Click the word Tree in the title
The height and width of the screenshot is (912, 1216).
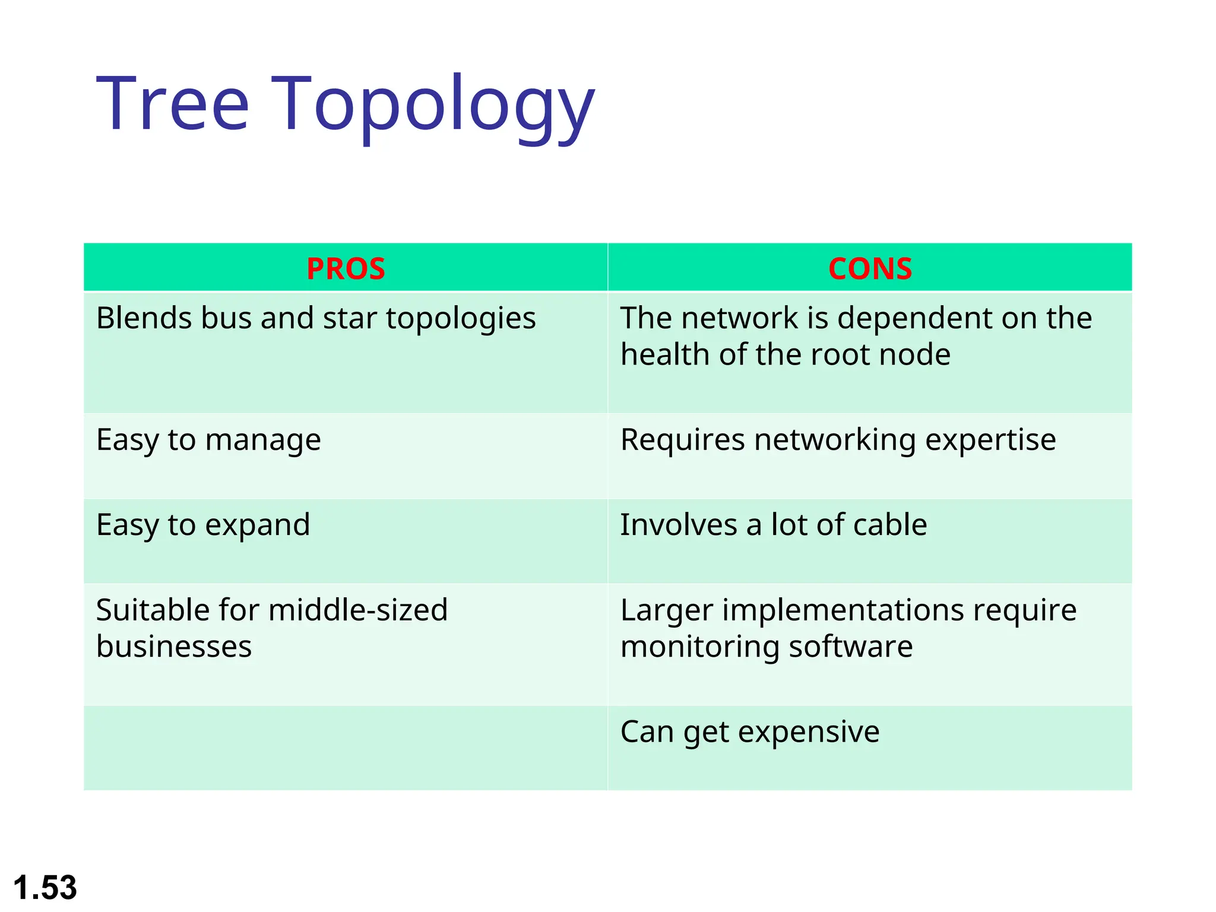172,104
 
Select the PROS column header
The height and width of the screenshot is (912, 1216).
346,268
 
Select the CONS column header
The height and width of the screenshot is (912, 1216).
870,268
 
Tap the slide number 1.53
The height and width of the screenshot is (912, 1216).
45,888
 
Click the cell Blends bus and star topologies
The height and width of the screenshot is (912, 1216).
316,318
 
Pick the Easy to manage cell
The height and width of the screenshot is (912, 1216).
208,441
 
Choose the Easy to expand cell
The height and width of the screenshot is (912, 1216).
203,525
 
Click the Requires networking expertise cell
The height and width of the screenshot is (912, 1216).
838,441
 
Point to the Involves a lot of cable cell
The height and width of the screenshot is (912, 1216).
773,525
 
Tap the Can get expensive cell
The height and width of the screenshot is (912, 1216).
749,732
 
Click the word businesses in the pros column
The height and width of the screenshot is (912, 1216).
174,646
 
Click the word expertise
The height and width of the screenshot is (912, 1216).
990,441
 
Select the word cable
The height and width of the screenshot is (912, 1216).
889,525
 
